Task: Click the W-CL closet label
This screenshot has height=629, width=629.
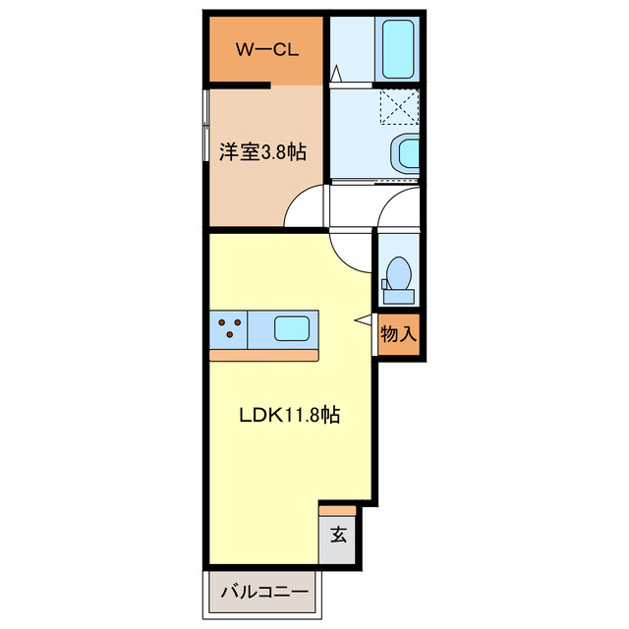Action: coord(267,50)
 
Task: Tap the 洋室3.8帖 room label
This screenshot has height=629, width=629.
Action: coord(262,152)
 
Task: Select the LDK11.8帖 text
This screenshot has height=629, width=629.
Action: coord(290,415)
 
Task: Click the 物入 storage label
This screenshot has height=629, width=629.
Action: coord(398,334)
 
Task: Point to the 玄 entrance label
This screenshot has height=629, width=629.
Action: coord(338,535)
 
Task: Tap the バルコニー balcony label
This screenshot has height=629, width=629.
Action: coord(264,592)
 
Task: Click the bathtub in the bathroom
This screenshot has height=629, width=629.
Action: coord(397,49)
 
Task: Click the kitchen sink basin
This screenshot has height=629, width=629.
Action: coord(292,328)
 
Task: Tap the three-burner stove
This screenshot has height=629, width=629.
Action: coord(229,328)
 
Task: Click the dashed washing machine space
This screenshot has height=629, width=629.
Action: coord(400,106)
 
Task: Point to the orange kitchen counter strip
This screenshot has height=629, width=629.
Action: coord(264,356)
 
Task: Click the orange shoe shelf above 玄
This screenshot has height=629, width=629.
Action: coord(337,511)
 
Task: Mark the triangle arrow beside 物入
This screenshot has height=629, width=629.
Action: coord(364,319)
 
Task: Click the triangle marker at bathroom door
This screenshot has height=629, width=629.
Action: coord(336,74)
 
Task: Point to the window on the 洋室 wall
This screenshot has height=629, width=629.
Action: coord(205,125)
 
